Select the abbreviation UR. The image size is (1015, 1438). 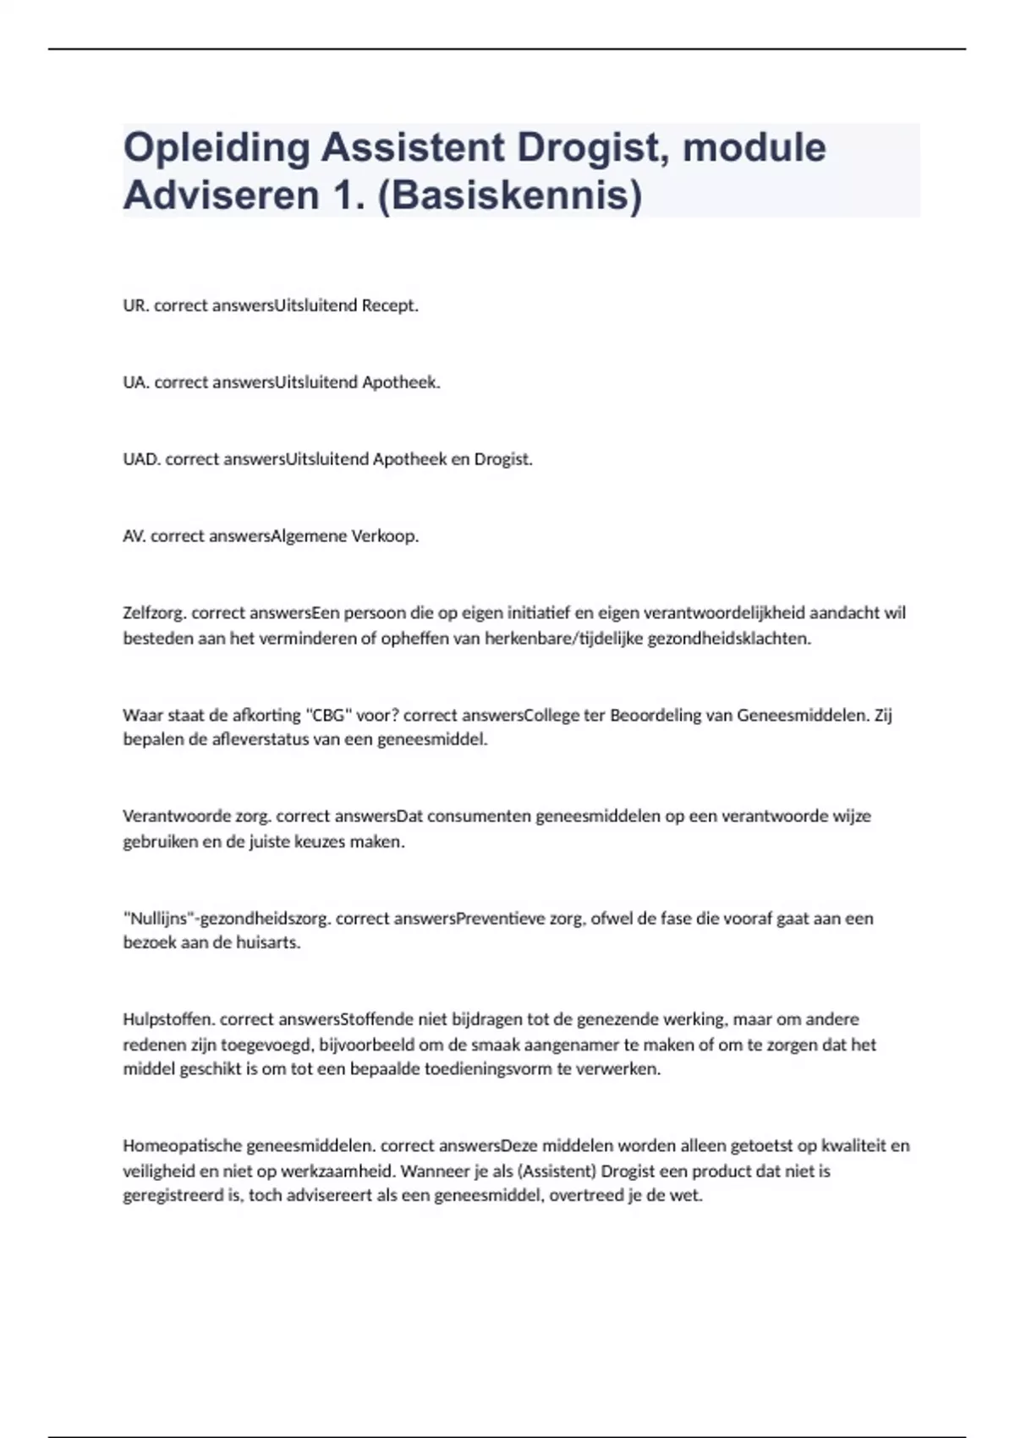point(135,306)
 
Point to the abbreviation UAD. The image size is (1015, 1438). point(141,459)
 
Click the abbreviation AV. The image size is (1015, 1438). point(134,536)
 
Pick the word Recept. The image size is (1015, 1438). point(390,306)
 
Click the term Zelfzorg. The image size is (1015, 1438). point(155,613)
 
